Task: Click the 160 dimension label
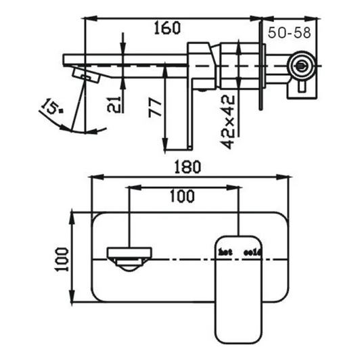(x=166, y=28)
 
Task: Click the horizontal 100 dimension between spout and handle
(x=179, y=196)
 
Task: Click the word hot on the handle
(x=225, y=252)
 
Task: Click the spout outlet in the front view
(x=128, y=258)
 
